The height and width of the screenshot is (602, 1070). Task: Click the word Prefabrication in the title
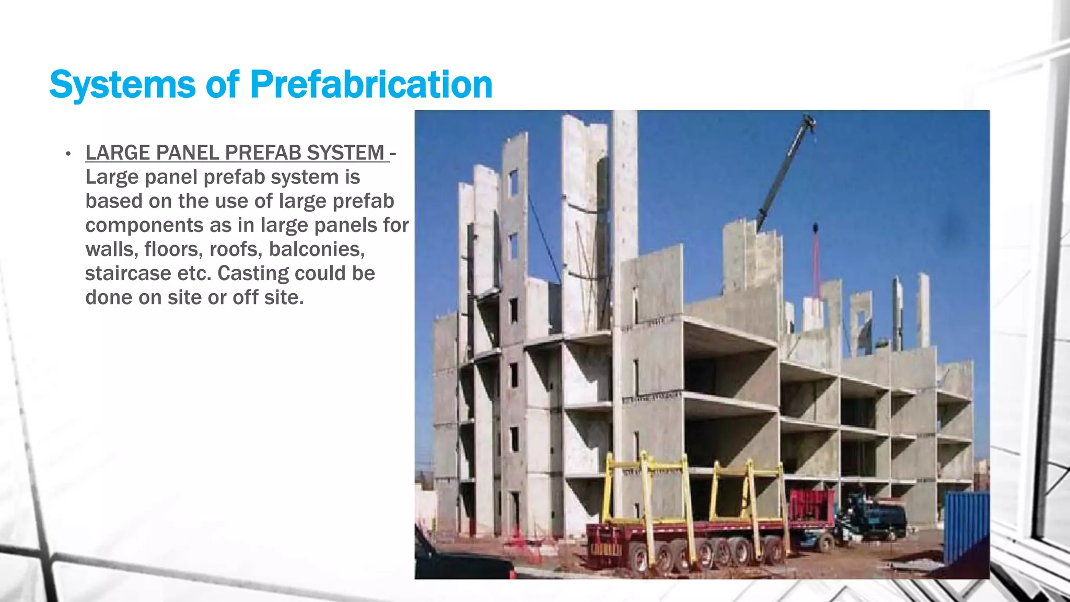[371, 85]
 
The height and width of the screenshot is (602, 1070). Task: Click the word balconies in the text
[317, 249]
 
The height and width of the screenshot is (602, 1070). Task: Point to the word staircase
[129, 273]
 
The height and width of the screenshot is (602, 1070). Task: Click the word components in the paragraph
[144, 225]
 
